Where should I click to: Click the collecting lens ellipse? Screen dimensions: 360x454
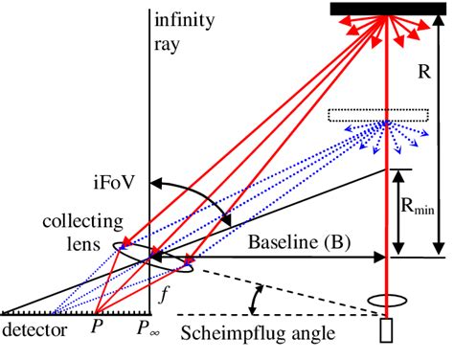coord(151,256)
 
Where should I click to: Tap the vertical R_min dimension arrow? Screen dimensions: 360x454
coord(395,213)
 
